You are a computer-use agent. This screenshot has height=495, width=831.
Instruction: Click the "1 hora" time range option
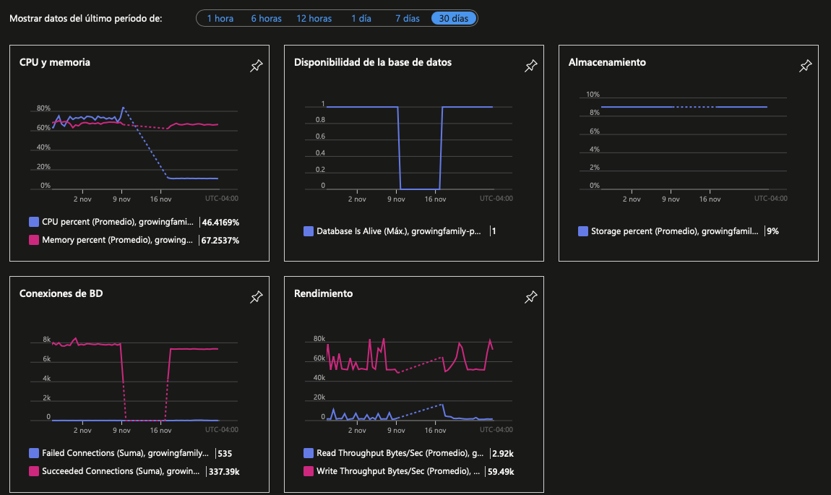click(x=220, y=19)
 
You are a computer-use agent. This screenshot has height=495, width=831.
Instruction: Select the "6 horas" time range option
click(x=266, y=19)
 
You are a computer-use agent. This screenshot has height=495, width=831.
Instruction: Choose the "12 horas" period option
click(x=314, y=19)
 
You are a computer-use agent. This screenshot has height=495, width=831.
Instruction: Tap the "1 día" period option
click(x=361, y=19)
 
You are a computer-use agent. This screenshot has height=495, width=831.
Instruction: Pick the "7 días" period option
click(x=407, y=19)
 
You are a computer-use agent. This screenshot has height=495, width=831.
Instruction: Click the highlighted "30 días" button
click(x=454, y=19)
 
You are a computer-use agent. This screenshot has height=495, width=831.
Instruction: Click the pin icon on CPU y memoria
click(x=257, y=66)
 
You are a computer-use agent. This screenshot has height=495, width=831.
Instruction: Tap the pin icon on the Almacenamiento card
click(x=806, y=66)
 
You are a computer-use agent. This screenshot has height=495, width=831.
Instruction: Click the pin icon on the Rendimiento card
click(x=531, y=297)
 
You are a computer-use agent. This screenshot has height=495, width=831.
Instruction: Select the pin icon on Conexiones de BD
click(x=257, y=297)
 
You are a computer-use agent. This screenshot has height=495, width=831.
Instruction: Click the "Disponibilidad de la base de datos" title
click(x=373, y=62)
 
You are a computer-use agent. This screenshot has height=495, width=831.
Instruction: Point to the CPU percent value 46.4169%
click(x=220, y=222)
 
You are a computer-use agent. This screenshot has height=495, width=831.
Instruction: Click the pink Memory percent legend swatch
click(x=34, y=239)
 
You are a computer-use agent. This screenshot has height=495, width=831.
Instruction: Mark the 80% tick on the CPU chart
click(x=43, y=108)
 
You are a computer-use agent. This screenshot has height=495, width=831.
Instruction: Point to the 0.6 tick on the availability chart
click(x=321, y=136)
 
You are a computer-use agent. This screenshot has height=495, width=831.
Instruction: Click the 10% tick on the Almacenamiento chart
click(x=593, y=95)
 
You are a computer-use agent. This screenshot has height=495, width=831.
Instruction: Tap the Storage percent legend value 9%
click(x=772, y=231)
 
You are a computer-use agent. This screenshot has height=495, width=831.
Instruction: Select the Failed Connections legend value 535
click(x=225, y=453)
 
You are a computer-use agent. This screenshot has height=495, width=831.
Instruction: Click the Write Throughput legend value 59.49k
click(x=501, y=471)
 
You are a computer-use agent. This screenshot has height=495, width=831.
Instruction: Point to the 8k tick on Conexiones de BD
click(x=47, y=339)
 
